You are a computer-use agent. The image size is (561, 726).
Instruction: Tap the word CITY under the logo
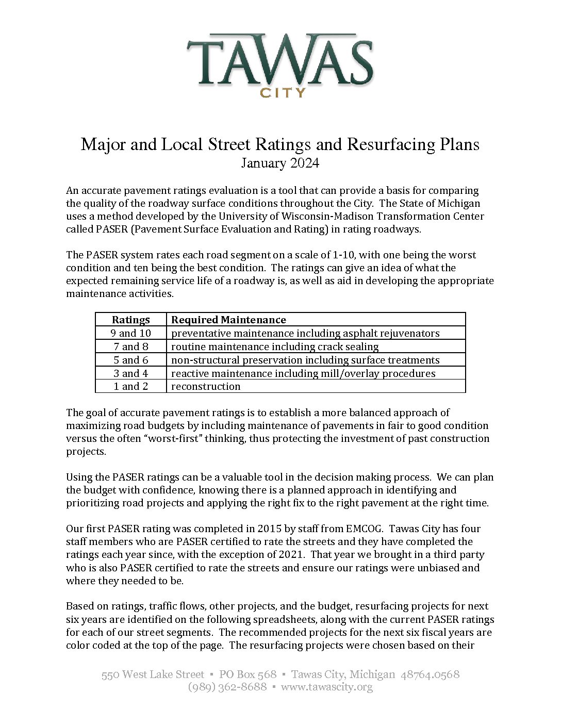(283, 93)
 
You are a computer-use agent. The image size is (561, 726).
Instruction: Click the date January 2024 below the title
(280, 163)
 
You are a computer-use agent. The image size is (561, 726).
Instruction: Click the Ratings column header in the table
(131, 320)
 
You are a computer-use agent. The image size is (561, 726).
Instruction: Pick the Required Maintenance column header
(228, 320)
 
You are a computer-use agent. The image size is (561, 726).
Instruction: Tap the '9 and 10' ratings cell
(131, 333)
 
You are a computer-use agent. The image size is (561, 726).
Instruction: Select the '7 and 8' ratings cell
(131, 346)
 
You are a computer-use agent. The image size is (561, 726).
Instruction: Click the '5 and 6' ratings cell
(131, 360)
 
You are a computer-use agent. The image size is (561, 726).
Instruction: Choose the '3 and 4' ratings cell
(131, 373)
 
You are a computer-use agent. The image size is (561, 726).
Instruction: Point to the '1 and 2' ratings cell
(131, 386)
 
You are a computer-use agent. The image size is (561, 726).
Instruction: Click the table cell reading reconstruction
(206, 386)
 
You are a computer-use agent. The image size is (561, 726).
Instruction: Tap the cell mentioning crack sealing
(275, 346)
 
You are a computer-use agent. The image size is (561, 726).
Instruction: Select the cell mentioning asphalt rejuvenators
(305, 333)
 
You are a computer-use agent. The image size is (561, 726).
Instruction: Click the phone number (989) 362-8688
(227, 687)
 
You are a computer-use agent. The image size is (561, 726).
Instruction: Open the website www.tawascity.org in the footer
(326, 687)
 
